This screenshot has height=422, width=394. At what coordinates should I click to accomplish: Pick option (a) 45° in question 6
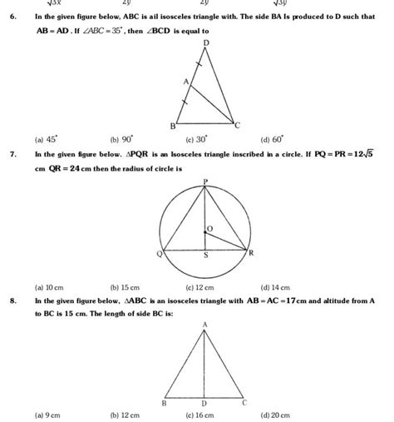click(46, 141)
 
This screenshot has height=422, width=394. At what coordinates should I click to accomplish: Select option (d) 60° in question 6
click(271, 141)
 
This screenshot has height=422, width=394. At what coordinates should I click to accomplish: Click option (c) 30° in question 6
click(196, 141)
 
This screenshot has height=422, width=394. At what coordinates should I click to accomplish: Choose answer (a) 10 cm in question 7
click(47, 286)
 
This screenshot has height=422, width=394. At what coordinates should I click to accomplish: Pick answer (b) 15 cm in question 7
click(125, 286)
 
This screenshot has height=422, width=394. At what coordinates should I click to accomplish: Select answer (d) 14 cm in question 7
click(274, 286)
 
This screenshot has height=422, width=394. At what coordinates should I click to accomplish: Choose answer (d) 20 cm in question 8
click(275, 414)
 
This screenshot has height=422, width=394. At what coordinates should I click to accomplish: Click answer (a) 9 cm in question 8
click(46, 414)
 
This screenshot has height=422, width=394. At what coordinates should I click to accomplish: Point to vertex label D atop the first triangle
click(206, 42)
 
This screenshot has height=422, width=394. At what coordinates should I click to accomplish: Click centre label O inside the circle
click(209, 227)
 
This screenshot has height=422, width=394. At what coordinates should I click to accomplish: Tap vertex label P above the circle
click(205, 181)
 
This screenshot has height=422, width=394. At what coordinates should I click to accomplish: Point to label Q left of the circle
click(159, 254)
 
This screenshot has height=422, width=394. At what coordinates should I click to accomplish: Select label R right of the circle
click(251, 252)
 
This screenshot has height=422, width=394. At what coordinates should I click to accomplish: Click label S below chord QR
click(206, 258)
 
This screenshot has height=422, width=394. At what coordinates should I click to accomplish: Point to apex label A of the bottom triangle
click(205, 324)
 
